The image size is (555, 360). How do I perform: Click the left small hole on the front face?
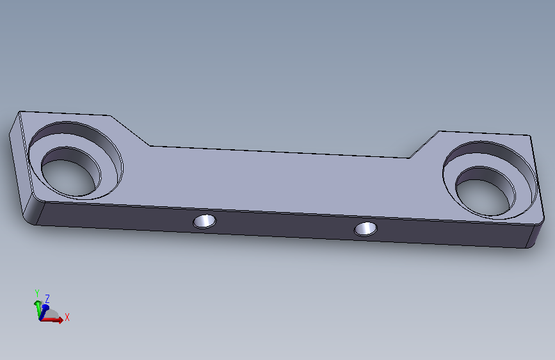(205, 222)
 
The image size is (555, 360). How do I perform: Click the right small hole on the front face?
(366, 229)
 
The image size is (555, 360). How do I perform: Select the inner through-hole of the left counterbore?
(71, 172)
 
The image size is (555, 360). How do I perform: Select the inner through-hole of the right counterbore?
(486, 192)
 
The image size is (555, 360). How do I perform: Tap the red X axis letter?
(67, 317)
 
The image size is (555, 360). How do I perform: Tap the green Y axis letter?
(37, 293)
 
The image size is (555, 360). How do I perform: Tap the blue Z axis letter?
(47, 299)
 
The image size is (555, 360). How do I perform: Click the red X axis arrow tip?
(63, 320)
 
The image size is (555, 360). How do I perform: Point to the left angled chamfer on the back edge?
(130, 131)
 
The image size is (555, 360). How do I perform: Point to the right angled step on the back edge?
(424, 145)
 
